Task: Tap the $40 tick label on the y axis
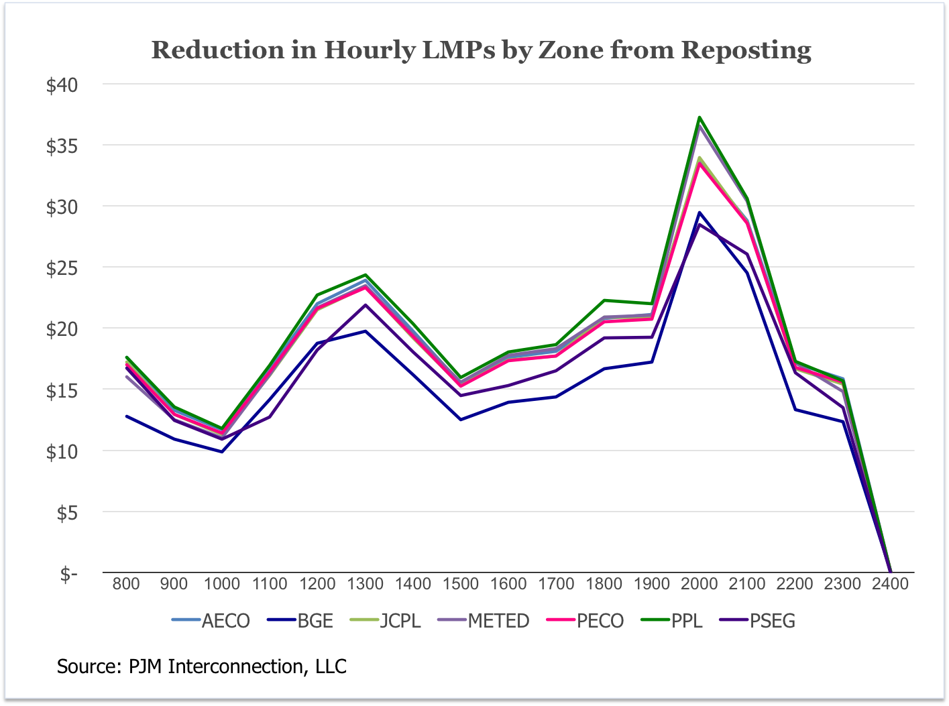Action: (x=62, y=85)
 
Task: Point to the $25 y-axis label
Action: (x=62, y=268)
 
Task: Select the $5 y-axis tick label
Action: (x=65, y=513)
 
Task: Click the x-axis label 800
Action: (x=126, y=584)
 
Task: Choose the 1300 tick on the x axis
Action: (x=365, y=584)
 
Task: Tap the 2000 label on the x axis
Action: (x=700, y=584)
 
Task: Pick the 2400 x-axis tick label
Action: (x=890, y=584)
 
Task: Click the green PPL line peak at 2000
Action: (x=700, y=117)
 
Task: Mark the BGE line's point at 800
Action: (x=126, y=416)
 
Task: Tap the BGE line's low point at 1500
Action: (x=461, y=420)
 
